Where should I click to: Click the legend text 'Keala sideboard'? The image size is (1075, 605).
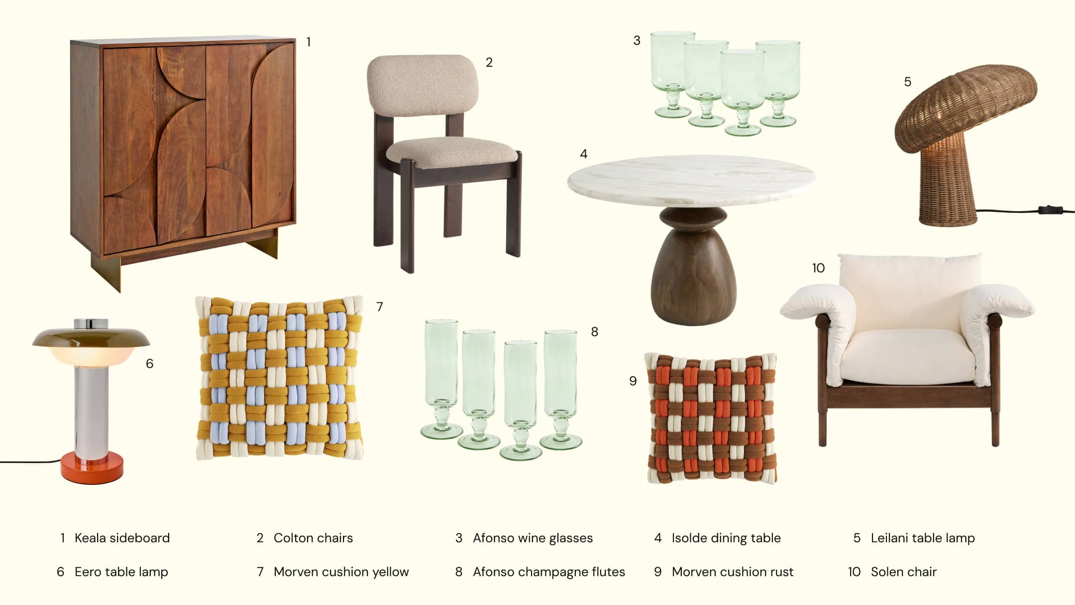coord(122,538)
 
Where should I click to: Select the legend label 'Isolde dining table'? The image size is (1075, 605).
coord(726,538)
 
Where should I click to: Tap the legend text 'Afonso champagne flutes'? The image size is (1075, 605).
coord(548,572)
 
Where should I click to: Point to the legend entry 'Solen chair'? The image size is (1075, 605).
coord(903,572)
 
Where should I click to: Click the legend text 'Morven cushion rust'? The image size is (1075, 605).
coord(732,572)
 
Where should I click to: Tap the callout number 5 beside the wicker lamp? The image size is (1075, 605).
coord(907,82)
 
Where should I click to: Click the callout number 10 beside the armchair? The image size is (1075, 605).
coord(818,268)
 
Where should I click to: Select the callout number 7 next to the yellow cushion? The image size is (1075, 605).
coord(379,307)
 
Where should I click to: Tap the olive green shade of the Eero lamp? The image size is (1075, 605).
coord(91,338)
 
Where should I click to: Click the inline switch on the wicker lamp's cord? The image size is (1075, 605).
coord(1050,210)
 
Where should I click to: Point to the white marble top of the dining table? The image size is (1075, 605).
coord(691,180)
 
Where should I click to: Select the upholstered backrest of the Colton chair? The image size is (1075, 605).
coord(423,86)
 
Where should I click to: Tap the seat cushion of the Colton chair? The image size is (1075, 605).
coord(452,152)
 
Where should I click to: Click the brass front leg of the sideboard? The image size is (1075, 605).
coord(107,273)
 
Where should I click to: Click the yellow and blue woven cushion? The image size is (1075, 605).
coord(279,378)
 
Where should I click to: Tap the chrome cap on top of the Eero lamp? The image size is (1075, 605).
coord(91,324)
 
